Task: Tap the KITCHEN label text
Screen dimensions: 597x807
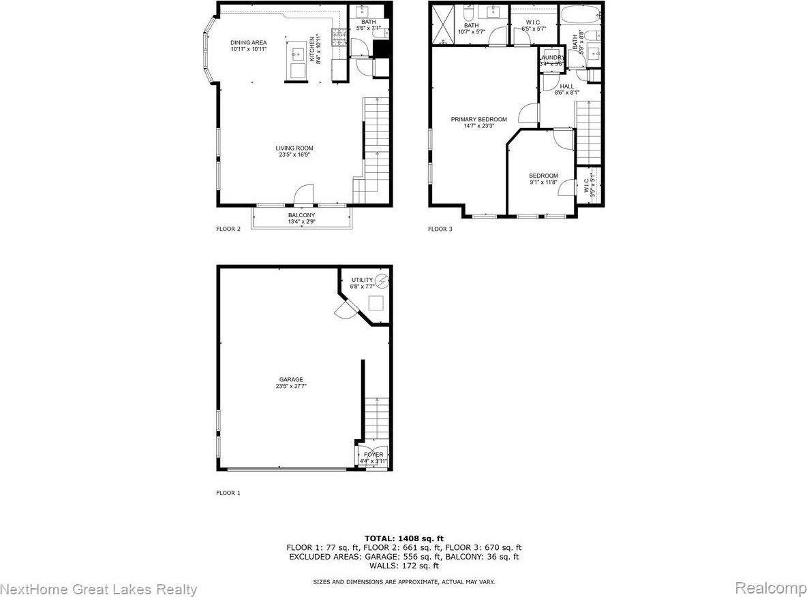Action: pyautogui.click(x=313, y=49)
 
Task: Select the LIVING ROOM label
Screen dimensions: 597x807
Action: pyautogui.click(x=294, y=148)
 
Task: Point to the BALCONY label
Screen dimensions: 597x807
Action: pyautogui.click(x=301, y=216)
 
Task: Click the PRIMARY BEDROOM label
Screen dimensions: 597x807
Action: pyautogui.click(x=478, y=120)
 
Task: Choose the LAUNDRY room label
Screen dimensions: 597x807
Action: pyautogui.click(x=552, y=58)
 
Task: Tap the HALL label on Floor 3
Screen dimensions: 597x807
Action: pyautogui.click(x=567, y=86)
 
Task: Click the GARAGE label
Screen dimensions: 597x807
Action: pyautogui.click(x=290, y=380)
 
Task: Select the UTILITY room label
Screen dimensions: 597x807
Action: pyautogui.click(x=362, y=280)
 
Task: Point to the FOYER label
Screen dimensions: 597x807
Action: pyautogui.click(x=374, y=455)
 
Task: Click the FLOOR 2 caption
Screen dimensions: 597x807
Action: pyautogui.click(x=228, y=229)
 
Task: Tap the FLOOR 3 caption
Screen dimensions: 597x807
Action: pyautogui.click(x=440, y=229)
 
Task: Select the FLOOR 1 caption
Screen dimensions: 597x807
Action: pyautogui.click(x=228, y=493)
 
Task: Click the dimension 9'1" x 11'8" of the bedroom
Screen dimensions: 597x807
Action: pyautogui.click(x=543, y=182)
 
